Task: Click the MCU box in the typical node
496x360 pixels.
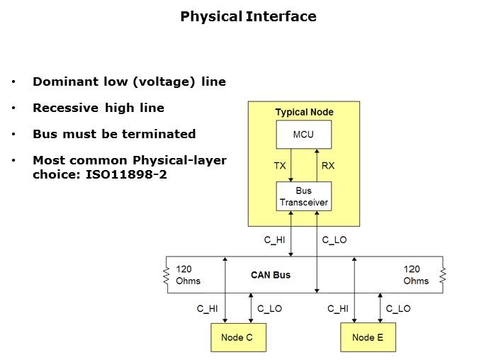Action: click(303, 135)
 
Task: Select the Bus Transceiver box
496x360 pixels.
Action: click(303, 196)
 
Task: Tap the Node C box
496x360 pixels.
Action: click(237, 337)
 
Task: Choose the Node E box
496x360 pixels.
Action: click(368, 337)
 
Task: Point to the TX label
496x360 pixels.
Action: click(280, 165)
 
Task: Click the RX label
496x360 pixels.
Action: click(328, 165)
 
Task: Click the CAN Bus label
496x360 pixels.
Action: click(271, 275)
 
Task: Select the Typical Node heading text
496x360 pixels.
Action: click(304, 112)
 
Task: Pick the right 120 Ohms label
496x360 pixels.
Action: click(416, 275)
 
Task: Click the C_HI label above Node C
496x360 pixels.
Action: click(208, 308)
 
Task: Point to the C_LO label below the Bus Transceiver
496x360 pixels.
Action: click(334, 240)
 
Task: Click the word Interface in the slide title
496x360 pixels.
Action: click(281, 16)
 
